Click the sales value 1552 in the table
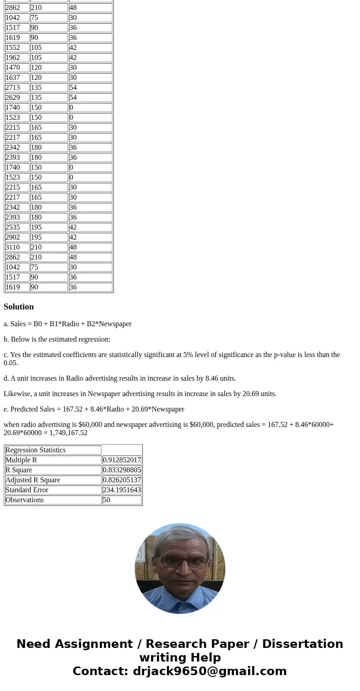pyautogui.click(x=13, y=48)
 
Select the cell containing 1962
pyautogui.click(x=13, y=58)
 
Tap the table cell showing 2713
pyautogui.click(x=13, y=88)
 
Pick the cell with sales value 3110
pyautogui.click(x=13, y=247)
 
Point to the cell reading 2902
pyautogui.click(x=13, y=237)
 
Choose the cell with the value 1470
pyautogui.click(x=13, y=68)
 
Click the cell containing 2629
pyautogui.click(x=13, y=98)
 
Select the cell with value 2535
pyautogui.click(x=13, y=227)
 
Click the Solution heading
pyautogui.click(x=19, y=307)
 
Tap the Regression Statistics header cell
pyautogui.click(x=35, y=450)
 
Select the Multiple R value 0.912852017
pyautogui.click(x=122, y=460)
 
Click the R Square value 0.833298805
pyautogui.click(x=122, y=470)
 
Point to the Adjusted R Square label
pyautogui.click(x=33, y=480)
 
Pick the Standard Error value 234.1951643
pyautogui.click(x=122, y=490)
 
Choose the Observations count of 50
pyautogui.click(x=107, y=500)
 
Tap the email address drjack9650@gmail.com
pyautogui.click(x=209, y=671)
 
